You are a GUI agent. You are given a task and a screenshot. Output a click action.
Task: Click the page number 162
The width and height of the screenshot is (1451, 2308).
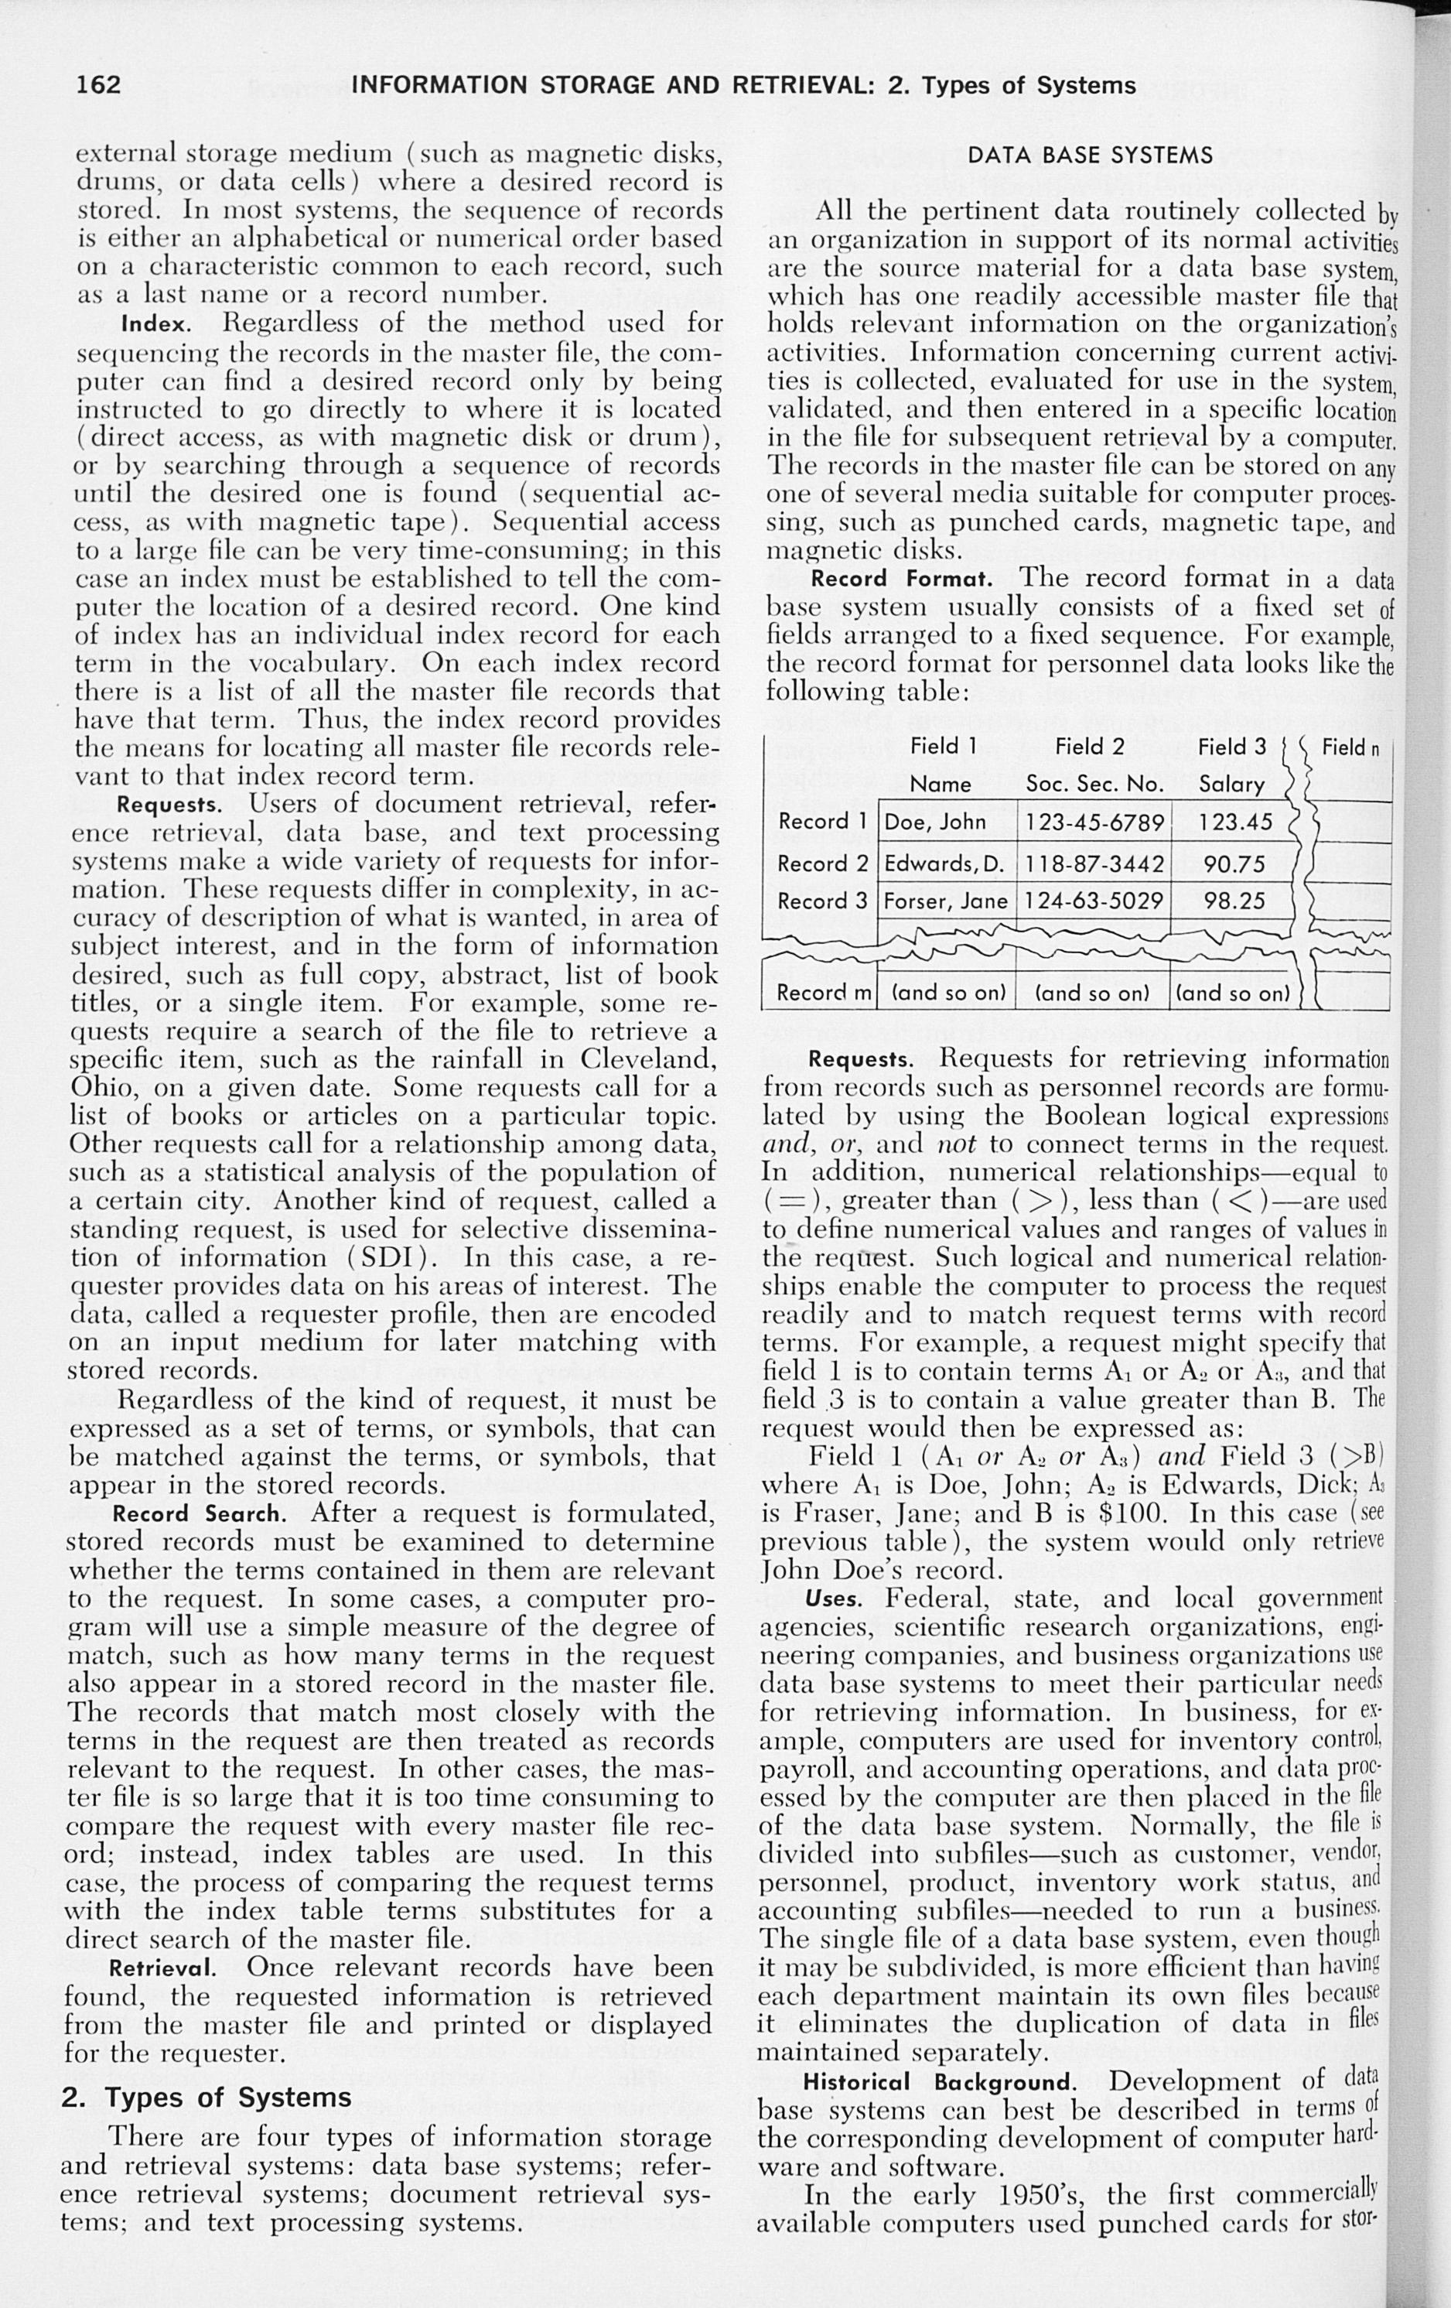99,85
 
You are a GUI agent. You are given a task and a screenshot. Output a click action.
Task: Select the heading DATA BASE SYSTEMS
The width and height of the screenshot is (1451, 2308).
1091,156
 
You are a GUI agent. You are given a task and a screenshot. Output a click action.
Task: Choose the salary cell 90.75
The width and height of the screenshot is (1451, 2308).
1234,863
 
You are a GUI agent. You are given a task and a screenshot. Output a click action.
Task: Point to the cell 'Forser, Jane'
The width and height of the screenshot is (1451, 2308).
945,901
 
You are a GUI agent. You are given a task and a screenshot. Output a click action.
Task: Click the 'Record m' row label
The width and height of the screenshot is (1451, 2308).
822,993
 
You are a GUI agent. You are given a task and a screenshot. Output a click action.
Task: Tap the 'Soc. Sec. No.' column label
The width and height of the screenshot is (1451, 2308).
1094,784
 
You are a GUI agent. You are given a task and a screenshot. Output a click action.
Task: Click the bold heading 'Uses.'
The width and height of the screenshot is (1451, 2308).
835,1599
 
